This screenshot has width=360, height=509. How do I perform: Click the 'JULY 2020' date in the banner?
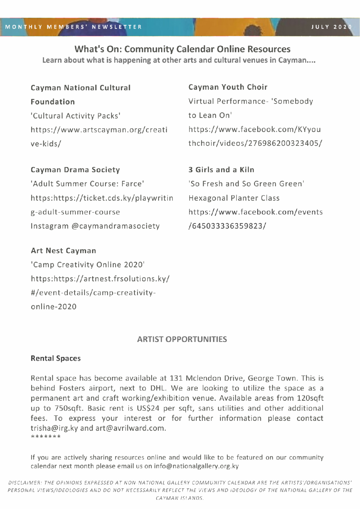(331, 27)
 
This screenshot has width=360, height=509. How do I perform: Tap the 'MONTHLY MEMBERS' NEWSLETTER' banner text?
(73, 27)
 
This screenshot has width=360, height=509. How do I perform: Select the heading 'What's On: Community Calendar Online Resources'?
(182, 49)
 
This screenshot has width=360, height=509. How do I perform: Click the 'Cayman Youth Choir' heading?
(228, 87)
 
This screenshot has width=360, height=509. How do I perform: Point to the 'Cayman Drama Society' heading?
(75, 170)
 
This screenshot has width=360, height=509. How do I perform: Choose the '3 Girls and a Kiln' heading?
(221, 170)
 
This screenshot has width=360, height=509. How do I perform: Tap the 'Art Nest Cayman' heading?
(63, 251)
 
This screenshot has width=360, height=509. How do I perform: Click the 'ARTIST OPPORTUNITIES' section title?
(182, 339)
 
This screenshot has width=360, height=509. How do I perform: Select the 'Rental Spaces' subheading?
(55, 358)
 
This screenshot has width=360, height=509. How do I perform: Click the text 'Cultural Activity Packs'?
(76, 116)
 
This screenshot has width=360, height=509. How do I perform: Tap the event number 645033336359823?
(227, 226)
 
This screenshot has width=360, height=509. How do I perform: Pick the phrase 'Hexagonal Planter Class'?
(234, 198)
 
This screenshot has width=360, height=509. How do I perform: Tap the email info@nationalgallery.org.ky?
(196, 466)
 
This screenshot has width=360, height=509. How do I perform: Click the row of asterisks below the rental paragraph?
(46, 437)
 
